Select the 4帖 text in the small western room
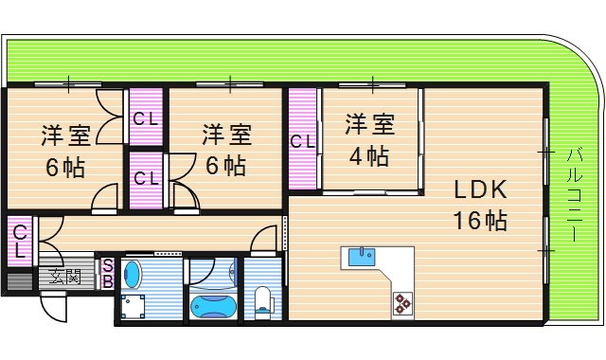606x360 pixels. [368, 155]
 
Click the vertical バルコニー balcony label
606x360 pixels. [574, 195]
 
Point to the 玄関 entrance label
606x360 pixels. [66, 278]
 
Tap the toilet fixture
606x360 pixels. [265, 300]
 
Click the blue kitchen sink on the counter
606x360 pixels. [361, 256]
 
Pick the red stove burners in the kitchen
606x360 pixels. [402, 302]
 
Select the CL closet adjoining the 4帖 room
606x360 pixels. [302, 142]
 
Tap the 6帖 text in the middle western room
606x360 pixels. [225, 166]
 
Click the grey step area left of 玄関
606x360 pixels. [18, 279]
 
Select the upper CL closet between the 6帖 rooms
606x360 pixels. [145, 118]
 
